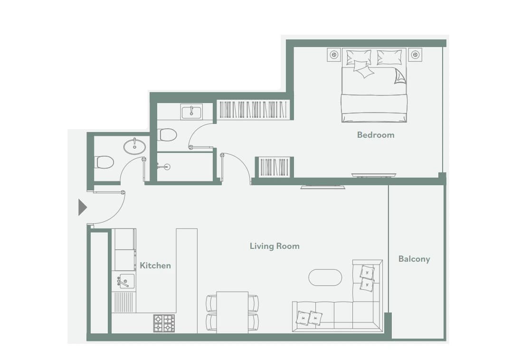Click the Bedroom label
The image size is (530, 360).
[376, 135]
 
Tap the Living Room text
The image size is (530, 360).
[274, 246]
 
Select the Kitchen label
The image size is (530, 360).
[155, 265]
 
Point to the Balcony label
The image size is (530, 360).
[414, 259]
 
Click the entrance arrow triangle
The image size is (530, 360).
[83, 207]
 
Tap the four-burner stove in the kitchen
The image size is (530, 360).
[164, 323]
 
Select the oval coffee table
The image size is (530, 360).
[325, 277]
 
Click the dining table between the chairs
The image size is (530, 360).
[232, 313]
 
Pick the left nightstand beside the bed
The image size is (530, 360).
[334, 55]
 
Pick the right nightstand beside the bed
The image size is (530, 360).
[415, 55]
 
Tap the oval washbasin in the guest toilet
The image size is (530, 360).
[134, 146]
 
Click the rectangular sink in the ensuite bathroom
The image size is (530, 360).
[192, 112]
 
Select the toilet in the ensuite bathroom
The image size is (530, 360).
[167, 135]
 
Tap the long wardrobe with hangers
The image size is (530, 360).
[253, 110]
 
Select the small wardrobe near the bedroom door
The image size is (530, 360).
[274, 167]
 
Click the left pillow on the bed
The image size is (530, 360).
[359, 57]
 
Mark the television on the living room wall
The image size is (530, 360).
[323, 187]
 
